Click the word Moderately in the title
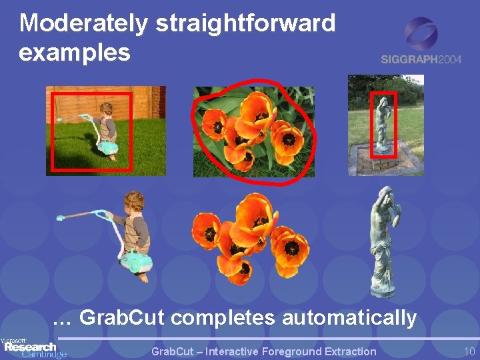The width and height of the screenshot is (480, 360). coord(83,24)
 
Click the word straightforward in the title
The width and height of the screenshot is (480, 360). coord(245,24)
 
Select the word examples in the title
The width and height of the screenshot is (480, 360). coord(75,52)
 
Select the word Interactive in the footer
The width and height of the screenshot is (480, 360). coord(233,351)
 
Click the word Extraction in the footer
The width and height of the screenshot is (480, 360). coord(347,351)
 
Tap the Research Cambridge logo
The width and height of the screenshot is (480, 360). coord(33,348)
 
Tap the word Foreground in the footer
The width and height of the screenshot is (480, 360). coord(290,351)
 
